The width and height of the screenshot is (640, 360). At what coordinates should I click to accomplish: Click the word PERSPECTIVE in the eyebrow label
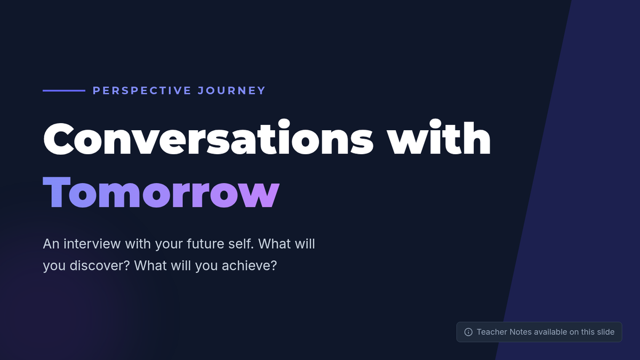coord(142,91)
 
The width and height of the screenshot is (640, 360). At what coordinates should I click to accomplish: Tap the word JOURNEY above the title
coord(231,91)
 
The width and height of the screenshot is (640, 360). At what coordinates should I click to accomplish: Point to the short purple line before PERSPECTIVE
coord(64,91)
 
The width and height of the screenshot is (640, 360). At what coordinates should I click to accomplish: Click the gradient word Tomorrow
coord(161,193)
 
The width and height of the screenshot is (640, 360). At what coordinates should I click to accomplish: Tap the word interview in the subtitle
coord(92,244)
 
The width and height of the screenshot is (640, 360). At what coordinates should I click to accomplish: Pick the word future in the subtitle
coord(205,244)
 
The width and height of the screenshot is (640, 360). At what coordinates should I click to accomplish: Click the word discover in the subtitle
coord(100,266)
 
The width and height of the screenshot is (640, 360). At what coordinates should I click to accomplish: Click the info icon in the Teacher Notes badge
coord(468,332)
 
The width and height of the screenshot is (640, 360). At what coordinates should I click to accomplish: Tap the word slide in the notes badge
coord(605,332)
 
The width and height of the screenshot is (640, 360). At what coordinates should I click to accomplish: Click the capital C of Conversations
coord(59,139)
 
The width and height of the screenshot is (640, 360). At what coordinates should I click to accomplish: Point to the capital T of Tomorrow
coord(57,193)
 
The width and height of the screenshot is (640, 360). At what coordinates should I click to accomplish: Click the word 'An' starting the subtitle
coord(51,244)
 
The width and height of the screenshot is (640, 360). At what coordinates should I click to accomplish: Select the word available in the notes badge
coord(550,332)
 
